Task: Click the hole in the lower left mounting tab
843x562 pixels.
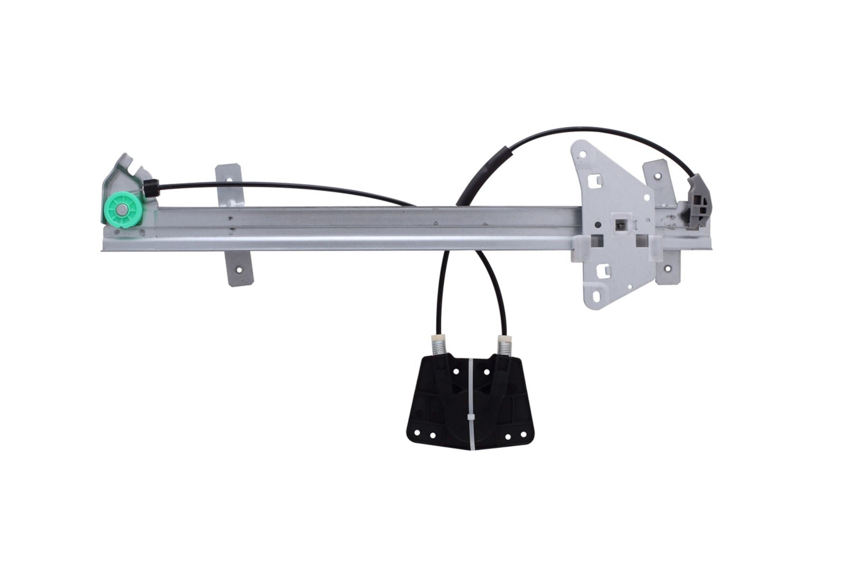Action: coord(239,271)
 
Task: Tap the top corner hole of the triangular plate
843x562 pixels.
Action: coord(582,155)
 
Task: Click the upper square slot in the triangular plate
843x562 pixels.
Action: coord(595,181)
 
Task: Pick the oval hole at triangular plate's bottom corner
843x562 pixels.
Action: coord(596,296)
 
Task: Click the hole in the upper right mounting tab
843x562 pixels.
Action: coord(658,176)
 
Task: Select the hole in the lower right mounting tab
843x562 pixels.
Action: coord(667,268)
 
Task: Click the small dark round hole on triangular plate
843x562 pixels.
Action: coord(598,225)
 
